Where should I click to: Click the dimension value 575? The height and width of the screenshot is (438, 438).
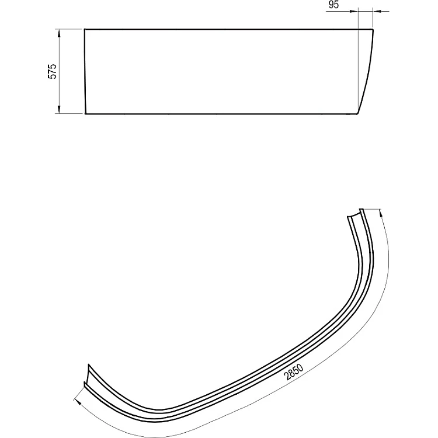[52, 71]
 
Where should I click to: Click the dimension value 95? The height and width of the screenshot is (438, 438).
[333, 5]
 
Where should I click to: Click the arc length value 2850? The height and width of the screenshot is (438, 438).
[294, 372]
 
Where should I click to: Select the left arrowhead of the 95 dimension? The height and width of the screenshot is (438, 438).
[354, 11]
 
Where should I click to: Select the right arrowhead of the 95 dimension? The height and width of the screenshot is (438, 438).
[377, 11]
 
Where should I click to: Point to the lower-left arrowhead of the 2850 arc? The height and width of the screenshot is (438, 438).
[78, 402]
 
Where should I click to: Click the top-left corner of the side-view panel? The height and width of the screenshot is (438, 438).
[85, 29]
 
